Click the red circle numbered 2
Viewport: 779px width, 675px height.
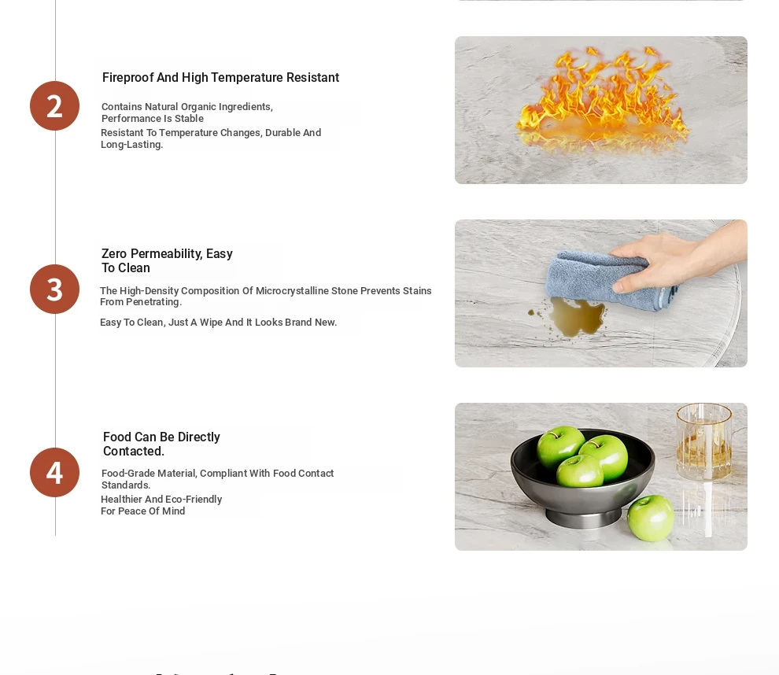pyautogui.click(x=54, y=105)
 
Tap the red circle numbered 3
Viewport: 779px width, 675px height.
pyautogui.click(x=54, y=289)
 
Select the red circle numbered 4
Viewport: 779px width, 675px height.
pyautogui.click(x=54, y=472)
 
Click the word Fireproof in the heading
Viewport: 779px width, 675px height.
pyautogui.click(x=127, y=77)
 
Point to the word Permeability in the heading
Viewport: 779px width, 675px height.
pyautogui.click(x=167, y=254)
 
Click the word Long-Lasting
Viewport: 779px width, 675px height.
pyautogui.click(x=131, y=145)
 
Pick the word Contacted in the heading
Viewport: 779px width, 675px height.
pyautogui.click(x=133, y=451)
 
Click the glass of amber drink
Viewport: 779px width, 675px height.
pyautogui.click(x=704, y=441)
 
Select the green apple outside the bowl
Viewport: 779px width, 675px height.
pyautogui.click(x=650, y=518)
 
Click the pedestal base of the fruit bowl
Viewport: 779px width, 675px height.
pyautogui.click(x=583, y=518)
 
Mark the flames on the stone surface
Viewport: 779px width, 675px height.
pyautogui.click(x=602, y=98)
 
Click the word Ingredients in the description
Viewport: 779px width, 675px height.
pyautogui.click(x=246, y=107)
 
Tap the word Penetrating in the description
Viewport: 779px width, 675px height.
pyautogui.click(x=153, y=302)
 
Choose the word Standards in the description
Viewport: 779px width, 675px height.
pyautogui.click(x=126, y=485)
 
